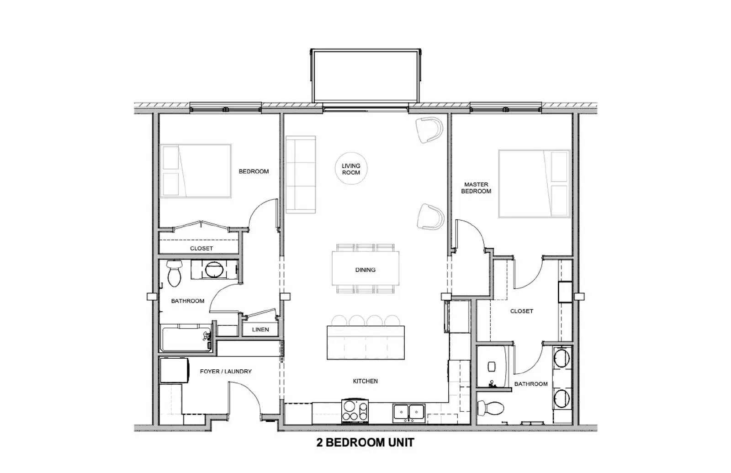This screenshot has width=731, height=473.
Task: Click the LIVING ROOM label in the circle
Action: tap(351, 169)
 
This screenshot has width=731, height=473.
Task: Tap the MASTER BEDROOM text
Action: tap(476, 188)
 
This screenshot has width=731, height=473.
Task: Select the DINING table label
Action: tap(365, 270)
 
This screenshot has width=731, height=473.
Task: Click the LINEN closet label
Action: tap(260, 330)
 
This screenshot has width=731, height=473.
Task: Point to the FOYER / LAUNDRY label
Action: tap(226, 372)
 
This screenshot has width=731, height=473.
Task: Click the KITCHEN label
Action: tap(365, 381)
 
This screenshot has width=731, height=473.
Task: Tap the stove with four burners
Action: tap(355, 410)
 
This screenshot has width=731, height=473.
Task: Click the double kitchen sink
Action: tap(409, 413)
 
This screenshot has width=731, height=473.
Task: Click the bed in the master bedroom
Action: tap(534, 183)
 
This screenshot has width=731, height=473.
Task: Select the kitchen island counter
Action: tap(365, 342)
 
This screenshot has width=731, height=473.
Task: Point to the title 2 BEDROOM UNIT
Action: tap(365, 442)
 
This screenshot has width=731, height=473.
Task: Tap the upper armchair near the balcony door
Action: tap(430, 130)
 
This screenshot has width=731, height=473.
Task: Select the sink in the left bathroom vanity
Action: tap(214, 270)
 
